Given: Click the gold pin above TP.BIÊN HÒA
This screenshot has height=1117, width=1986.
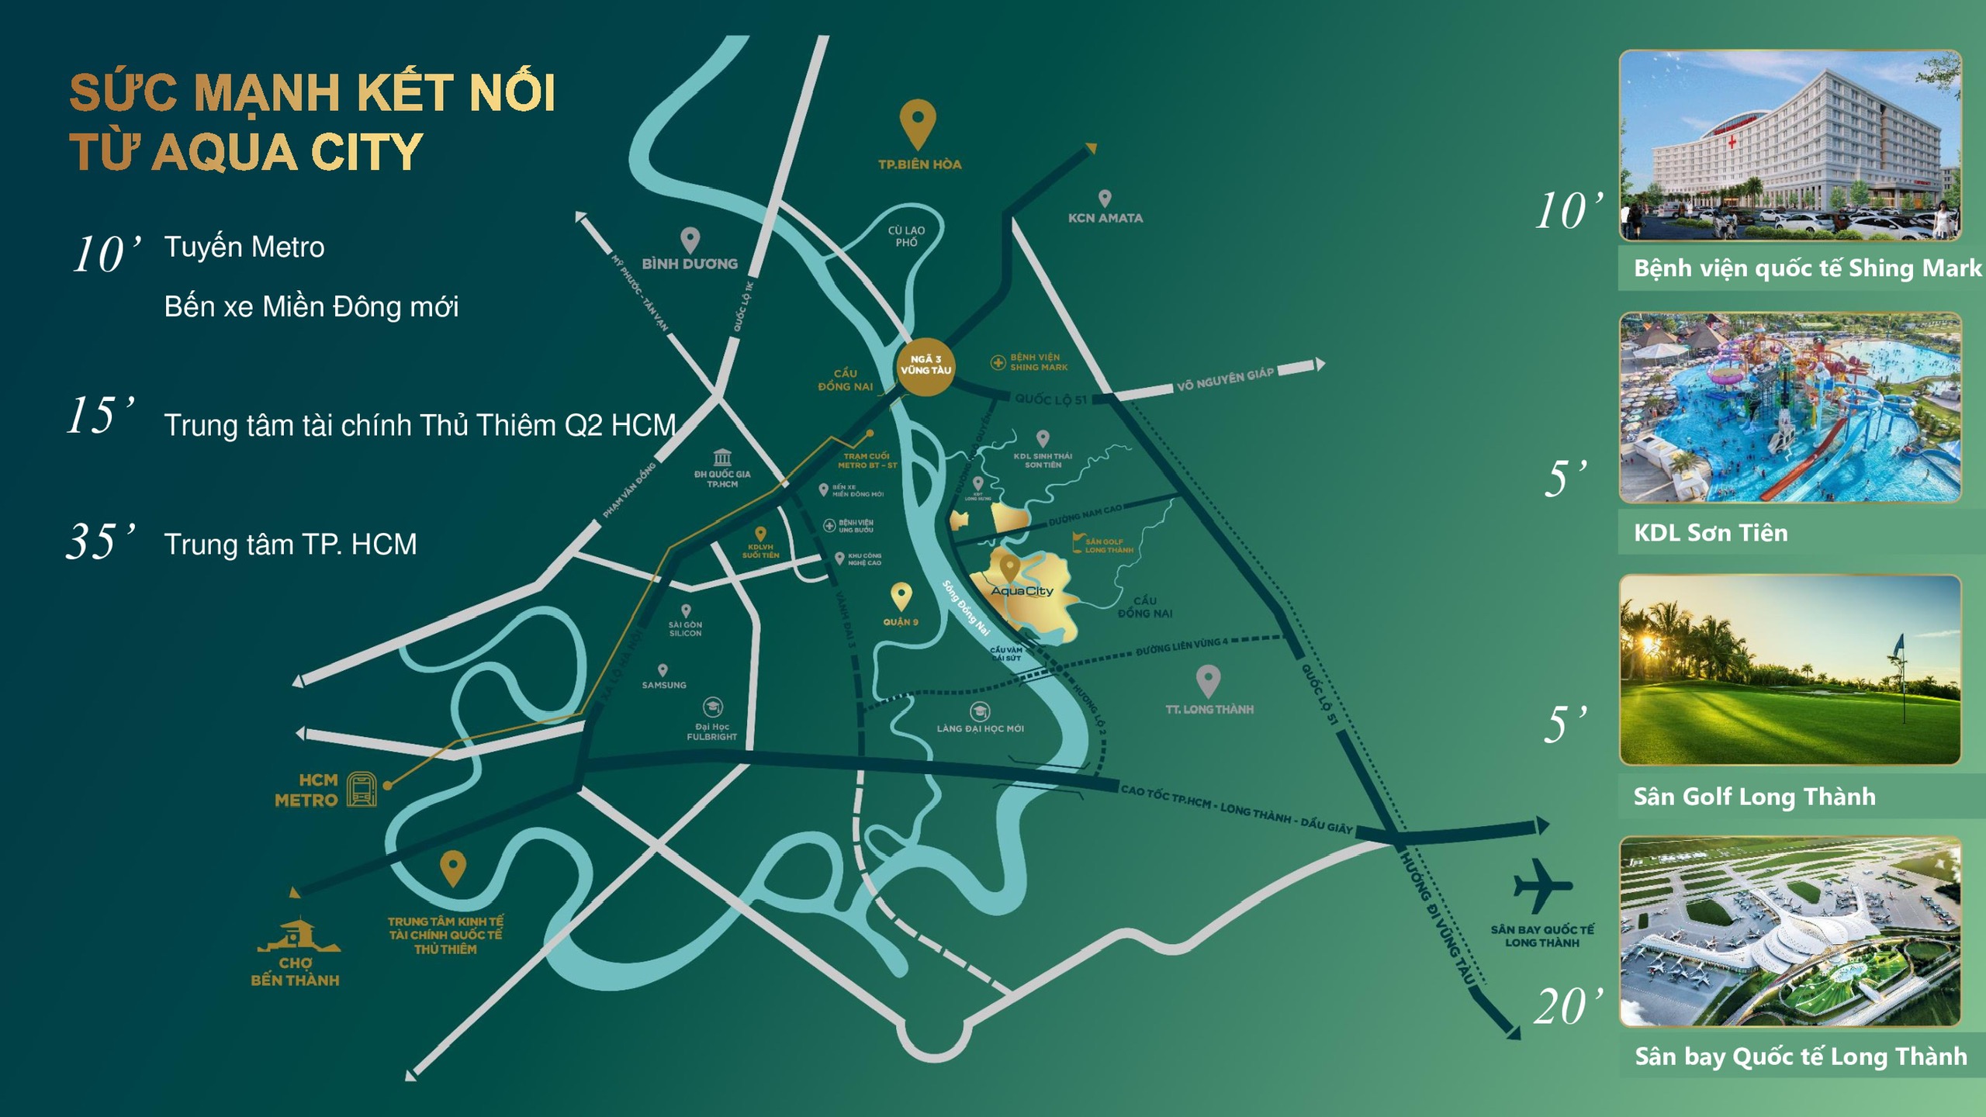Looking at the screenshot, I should [x=917, y=123].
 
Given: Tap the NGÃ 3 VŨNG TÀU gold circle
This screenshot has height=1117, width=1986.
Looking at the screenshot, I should [x=925, y=365].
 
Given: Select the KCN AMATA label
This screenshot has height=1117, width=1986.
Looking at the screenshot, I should [x=1105, y=218].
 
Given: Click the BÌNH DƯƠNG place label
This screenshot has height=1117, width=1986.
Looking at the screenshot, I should [x=690, y=264].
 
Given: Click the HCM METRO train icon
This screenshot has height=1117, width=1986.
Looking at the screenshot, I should [x=362, y=790].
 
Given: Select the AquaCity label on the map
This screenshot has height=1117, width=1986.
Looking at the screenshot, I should [x=1022, y=591].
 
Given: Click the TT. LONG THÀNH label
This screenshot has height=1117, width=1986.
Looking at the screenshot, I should [x=1209, y=709].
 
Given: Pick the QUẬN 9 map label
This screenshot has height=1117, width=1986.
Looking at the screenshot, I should [x=900, y=622].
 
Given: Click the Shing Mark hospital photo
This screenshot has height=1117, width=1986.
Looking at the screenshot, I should [x=1790, y=145].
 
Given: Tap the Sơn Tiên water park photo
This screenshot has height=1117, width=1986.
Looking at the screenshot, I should [x=1790, y=408].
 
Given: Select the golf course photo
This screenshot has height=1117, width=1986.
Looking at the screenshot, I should [x=1790, y=670].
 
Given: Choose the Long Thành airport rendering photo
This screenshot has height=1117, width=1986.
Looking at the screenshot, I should [x=1790, y=932].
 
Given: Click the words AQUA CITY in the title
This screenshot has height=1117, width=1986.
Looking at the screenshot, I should [x=287, y=152].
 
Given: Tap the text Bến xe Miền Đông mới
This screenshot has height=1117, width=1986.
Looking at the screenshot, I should [x=311, y=307].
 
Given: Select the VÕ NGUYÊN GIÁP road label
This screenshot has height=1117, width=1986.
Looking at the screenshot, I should [x=1225, y=379].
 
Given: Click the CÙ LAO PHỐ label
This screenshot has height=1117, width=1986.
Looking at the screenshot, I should [x=906, y=237].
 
